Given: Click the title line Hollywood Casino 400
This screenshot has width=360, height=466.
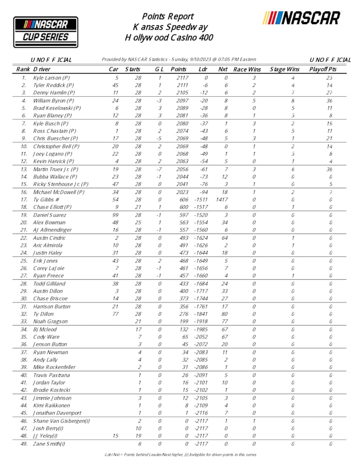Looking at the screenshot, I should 169,38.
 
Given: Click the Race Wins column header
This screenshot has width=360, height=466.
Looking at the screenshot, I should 247,69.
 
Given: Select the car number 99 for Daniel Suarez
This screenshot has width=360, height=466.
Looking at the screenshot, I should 116,214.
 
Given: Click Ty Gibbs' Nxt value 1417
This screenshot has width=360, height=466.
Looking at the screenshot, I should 223,199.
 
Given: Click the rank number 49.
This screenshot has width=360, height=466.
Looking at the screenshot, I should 24,443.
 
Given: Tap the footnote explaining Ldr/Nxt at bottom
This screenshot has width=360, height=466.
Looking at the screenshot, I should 179,455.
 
